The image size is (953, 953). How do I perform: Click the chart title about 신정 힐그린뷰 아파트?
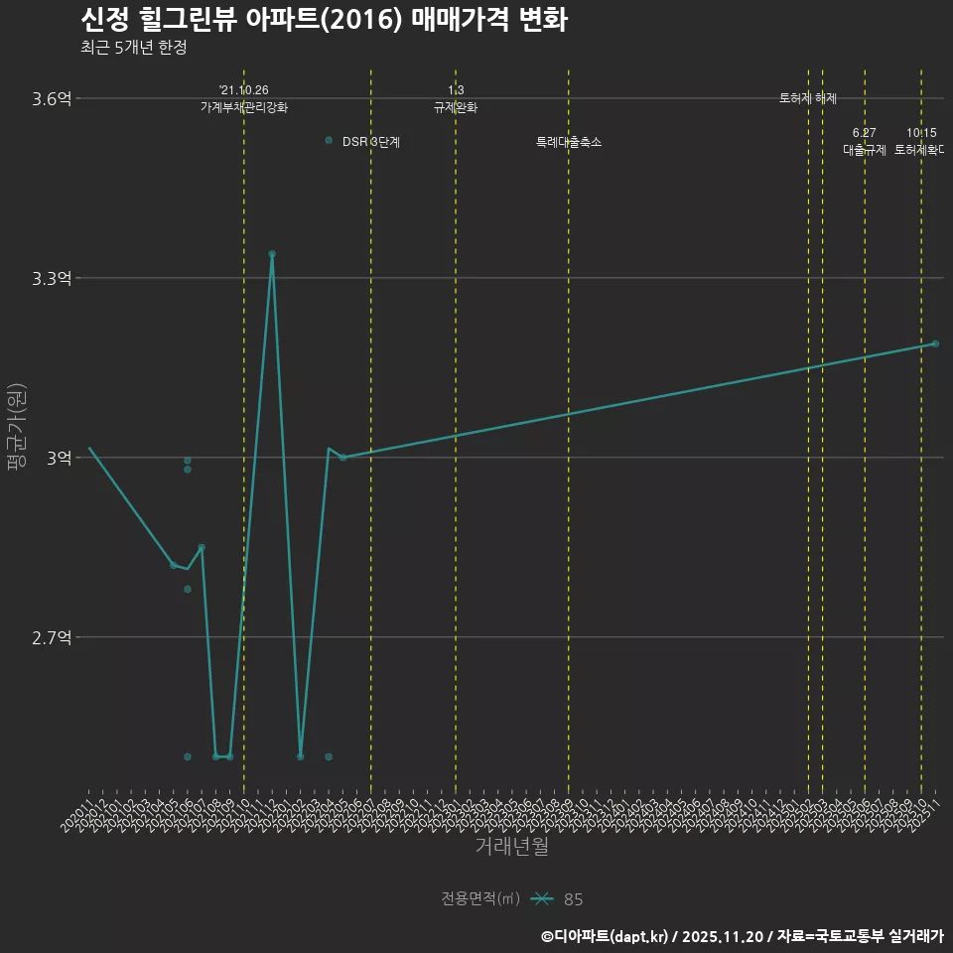pyautogui.click(x=323, y=20)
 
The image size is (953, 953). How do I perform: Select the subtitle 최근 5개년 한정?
pyautogui.click(x=133, y=48)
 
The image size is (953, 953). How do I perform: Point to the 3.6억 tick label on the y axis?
pyautogui.click(x=52, y=98)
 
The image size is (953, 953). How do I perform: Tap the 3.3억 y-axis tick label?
pyautogui.click(x=52, y=278)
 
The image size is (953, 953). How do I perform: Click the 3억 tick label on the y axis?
pyautogui.click(x=59, y=458)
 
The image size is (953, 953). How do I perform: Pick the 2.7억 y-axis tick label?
pyautogui.click(x=52, y=637)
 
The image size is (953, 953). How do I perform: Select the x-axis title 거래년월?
pyautogui.click(x=511, y=847)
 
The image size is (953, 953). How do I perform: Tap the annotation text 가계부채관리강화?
pyautogui.click(x=244, y=107)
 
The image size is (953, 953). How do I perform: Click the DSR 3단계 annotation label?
pyautogui.click(x=370, y=142)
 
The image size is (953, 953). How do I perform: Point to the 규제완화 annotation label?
pyautogui.click(x=456, y=107)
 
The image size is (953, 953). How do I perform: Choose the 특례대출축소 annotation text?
pyautogui.click(x=569, y=142)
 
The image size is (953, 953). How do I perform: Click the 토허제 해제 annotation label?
pyautogui.click(x=808, y=98)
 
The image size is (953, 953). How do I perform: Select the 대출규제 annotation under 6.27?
pyautogui.click(x=864, y=150)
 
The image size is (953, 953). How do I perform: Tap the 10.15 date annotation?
pyautogui.click(x=921, y=133)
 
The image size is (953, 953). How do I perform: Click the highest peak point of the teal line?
pyautogui.click(x=272, y=254)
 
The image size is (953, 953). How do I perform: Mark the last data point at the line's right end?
pyautogui.click(x=935, y=343)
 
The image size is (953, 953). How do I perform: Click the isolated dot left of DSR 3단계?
pyautogui.click(x=329, y=140)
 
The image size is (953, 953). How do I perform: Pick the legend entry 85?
pyautogui.click(x=573, y=899)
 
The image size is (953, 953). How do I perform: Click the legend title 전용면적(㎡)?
pyautogui.click(x=480, y=899)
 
